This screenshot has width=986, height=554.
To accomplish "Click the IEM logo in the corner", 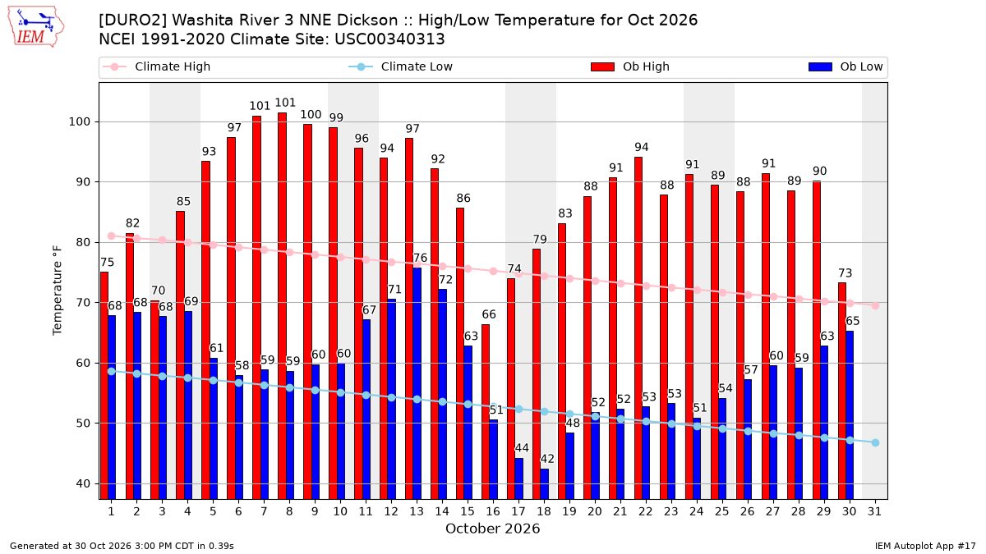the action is pos(35,27).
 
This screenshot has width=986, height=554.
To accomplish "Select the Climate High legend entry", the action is pos(157,66).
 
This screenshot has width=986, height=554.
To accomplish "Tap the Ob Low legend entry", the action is pos(845,66).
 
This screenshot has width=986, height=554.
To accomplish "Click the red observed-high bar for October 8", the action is pos(282,306).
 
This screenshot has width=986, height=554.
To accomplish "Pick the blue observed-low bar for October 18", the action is pos(545,484).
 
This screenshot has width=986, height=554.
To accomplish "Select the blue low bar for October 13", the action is pos(417,383).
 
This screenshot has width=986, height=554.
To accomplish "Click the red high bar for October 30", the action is pos(842,391).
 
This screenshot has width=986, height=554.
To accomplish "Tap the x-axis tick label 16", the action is pos(493,512).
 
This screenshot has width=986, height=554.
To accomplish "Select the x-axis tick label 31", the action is pos(874,512).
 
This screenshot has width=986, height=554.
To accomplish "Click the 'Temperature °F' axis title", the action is pos(58,291).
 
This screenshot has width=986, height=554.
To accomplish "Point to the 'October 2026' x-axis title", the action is pos(492,529).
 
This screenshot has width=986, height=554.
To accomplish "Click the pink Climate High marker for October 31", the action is pos(876,305).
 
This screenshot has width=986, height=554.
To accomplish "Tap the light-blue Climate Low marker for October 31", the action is pos(876,442).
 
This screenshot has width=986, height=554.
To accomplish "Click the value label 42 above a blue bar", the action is pos(547,459).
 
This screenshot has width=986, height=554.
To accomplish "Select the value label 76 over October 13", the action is pos(420,258).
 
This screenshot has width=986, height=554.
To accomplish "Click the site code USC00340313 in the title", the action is pos(389,39).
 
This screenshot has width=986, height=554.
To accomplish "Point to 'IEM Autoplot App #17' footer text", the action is pos(925,546).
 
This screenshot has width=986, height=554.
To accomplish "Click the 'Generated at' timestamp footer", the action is pos(122,546).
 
